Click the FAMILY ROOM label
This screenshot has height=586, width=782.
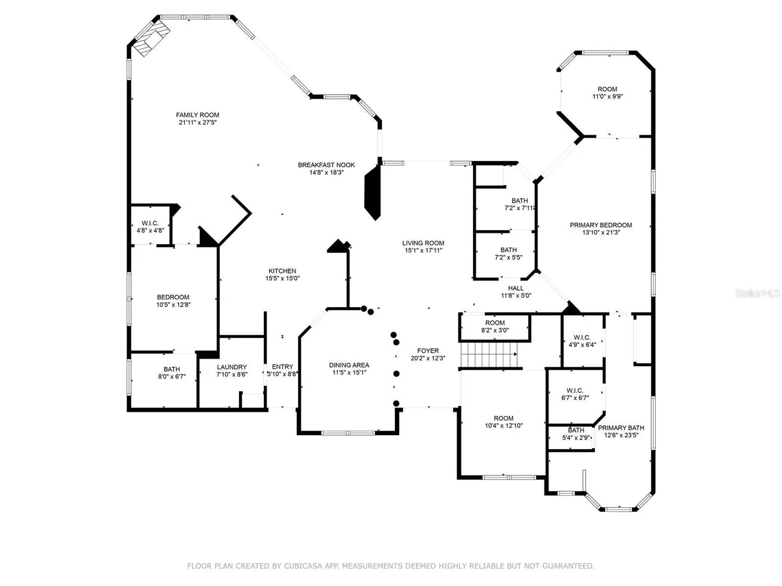coord(197,115)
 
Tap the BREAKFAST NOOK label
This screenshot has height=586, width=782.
coord(326,165)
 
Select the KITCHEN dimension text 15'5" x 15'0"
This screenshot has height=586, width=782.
coord(282,278)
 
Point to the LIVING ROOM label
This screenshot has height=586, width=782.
coord(423,243)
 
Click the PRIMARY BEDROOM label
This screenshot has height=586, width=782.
coord(601,225)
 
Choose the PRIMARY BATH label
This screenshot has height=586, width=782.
coord(621,428)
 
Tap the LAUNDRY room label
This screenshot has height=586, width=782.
coord(231,367)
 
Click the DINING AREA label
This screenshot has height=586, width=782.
coord(349,365)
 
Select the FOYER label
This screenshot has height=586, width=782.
coord(428,351)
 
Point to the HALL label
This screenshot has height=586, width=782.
coord(515,288)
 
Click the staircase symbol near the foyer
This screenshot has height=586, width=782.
coord(489,354)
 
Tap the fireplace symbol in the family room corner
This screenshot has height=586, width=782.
coord(152,38)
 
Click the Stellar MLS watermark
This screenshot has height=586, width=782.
coord(758,293)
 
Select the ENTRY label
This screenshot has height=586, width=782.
coord(282,366)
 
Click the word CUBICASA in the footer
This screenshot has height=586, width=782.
coord(302,566)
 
